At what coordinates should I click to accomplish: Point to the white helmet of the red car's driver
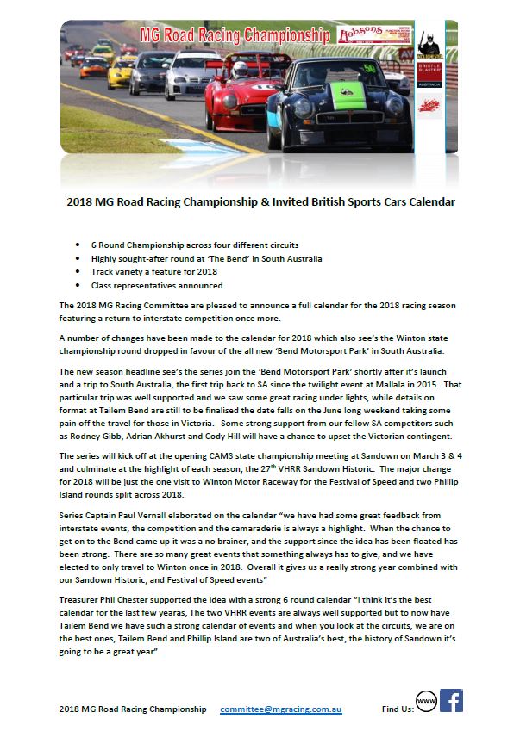(x=238, y=65)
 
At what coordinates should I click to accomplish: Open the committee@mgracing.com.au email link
(x=281, y=709)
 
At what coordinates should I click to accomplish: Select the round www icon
(x=426, y=702)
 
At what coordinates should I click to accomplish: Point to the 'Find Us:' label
(x=398, y=709)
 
